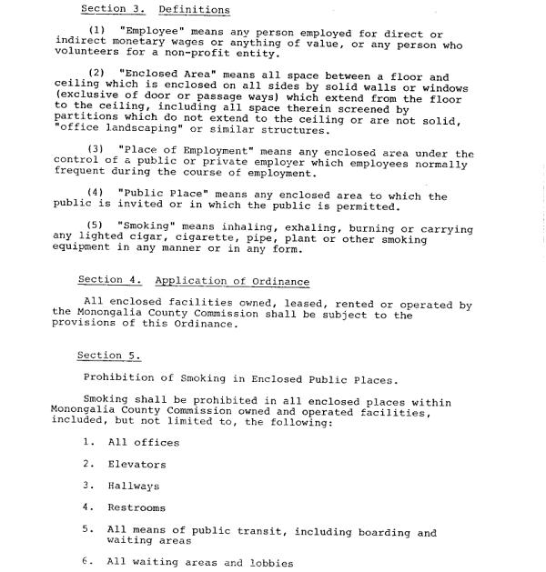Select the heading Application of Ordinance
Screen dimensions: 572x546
pyautogui.click(x=232, y=281)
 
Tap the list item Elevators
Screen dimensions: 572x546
pyautogui.click(x=137, y=465)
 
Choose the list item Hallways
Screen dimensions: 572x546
pyautogui.click(x=134, y=487)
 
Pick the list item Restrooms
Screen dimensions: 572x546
pyautogui.click(x=136, y=508)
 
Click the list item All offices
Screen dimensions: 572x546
pyautogui.click(x=143, y=443)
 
